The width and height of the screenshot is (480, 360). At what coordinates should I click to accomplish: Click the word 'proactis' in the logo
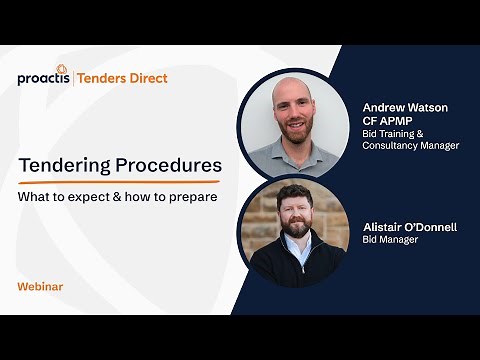[42, 78]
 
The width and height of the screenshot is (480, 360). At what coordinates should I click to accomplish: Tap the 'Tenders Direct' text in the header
[123, 78]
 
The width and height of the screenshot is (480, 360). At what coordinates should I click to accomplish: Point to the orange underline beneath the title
[118, 182]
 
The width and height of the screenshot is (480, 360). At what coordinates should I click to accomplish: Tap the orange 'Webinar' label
[40, 287]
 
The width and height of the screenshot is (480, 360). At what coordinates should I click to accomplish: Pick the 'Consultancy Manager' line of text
[410, 146]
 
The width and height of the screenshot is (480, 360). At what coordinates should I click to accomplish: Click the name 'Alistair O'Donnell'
[410, 227]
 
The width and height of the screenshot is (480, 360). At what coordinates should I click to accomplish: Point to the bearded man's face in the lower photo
[296, 212]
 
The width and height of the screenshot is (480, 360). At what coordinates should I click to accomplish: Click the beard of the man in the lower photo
[296, 227]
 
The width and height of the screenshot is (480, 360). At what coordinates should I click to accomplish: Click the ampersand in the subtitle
[122, 197]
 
